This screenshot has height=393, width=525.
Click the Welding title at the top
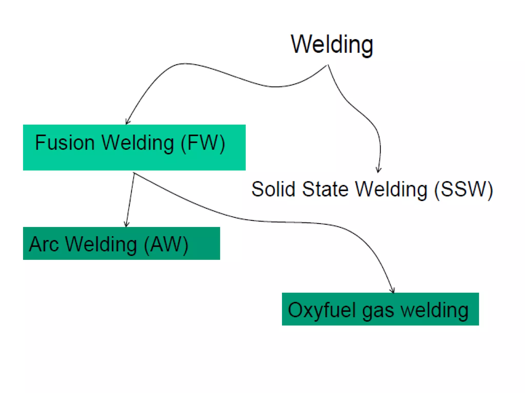coord(332,45)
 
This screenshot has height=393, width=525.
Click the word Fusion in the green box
coord(65,143)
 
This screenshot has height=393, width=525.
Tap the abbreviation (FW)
coord(203,143)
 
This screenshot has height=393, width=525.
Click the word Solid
coord(273,189)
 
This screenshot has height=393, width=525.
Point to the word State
coord(325,189)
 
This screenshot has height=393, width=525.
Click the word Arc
coord(44,244)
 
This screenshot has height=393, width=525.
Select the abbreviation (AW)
coord(166,245)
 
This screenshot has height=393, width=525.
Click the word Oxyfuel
coord(322,310)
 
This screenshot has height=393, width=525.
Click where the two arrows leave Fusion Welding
coord(134,173)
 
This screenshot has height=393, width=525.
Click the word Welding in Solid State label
coord(391,190)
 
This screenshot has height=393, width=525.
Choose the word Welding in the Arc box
coord(101,244)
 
